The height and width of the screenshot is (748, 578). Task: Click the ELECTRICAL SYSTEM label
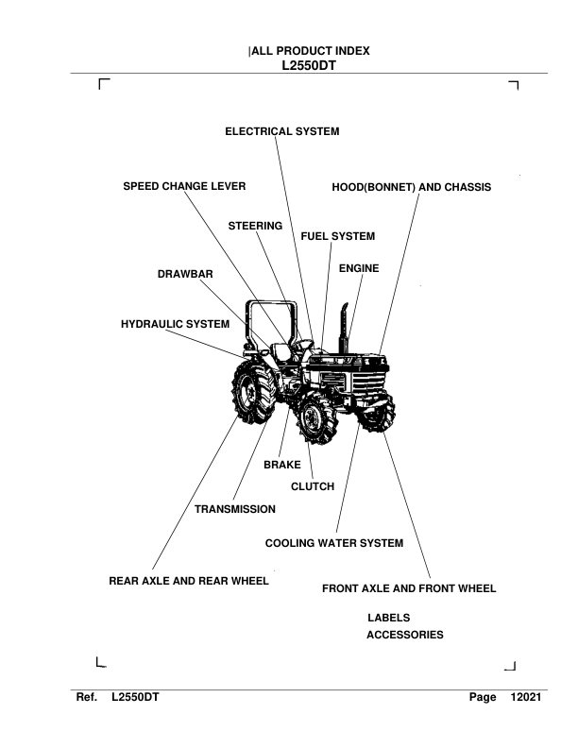point(281,132)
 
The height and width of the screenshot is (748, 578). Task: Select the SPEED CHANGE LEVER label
point(185,187)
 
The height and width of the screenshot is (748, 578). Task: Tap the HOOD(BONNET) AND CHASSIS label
point(412,187)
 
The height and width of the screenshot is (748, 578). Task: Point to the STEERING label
point(256,226)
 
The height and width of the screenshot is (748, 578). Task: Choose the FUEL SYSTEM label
point(338,235)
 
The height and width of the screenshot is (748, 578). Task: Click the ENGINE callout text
point(359,268)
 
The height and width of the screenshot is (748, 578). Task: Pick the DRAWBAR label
point(185,274)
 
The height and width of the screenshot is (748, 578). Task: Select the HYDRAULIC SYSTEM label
point(176,324)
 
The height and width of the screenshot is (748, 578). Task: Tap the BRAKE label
point(281,465)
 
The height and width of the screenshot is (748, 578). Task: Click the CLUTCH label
point(313,486)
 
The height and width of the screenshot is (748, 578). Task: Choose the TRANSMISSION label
point(235,509)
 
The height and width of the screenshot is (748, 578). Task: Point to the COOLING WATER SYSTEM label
point(334,543)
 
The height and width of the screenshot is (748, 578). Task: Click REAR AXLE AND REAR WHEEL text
point(190,581)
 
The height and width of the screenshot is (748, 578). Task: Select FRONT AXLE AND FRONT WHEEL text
point(409,588)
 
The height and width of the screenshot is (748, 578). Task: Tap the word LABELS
point(388,617)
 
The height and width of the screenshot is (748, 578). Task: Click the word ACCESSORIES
point(404,636)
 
